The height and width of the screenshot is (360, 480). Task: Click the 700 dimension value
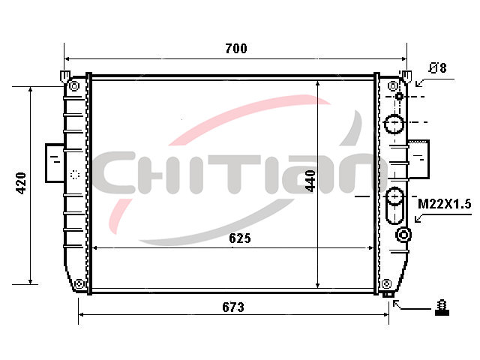(x=236, y=48)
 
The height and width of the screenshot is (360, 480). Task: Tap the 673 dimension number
(x=233, y=307)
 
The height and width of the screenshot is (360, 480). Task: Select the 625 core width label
(x=240, y=238)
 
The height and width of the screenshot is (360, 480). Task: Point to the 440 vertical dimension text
(x=310, y=181)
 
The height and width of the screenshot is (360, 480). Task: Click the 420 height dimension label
(x=21, y=183)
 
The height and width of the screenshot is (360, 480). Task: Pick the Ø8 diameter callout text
(x=438, y=68)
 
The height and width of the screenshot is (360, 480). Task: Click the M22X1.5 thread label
(x=445, y=204)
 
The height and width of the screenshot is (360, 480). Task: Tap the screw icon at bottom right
(x=442, y=307)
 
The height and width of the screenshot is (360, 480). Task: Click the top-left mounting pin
(x=65, y=76)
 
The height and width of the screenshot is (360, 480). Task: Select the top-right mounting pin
(x=406, y=76)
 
